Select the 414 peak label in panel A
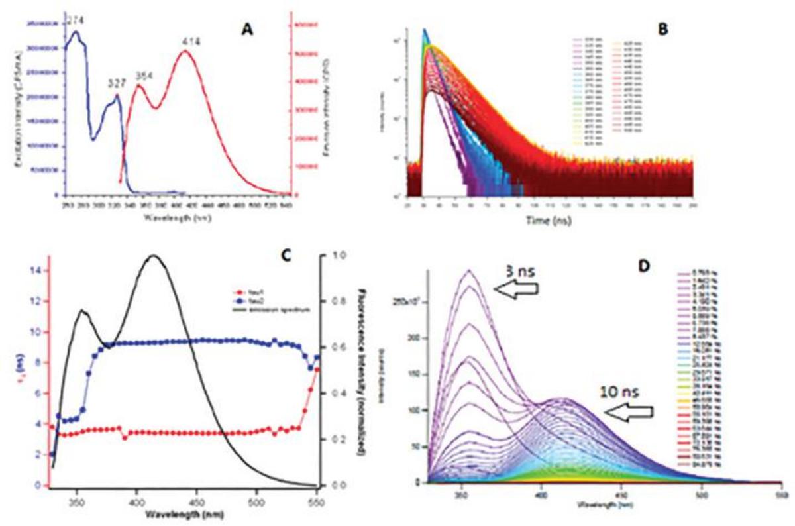coord(189,41)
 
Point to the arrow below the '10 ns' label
coord(629,413)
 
